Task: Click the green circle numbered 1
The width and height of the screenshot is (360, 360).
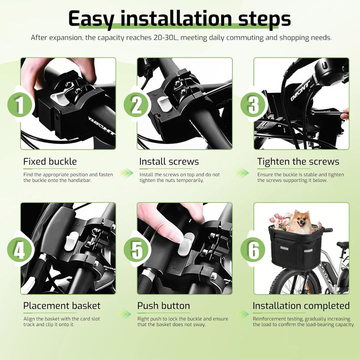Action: pyautogui.click(x=19, y=105)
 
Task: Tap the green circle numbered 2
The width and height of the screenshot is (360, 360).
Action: pyautogui.click(x=136, y=105)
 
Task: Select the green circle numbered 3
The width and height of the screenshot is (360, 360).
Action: pyautogui.click(x=253, y=105)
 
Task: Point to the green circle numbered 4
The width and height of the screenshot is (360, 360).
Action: pyautogui.click(x=19, y=249)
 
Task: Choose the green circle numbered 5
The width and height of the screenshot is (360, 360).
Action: pyautogui.click(x=136, y=249)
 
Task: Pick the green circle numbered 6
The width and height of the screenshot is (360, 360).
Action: pyautogui.click(x=253, y=249)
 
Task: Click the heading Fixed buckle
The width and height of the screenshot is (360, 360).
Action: pyautogui.click(x=50, y=161)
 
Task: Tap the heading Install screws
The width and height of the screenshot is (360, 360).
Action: pyautogui.click(x=169, y=161)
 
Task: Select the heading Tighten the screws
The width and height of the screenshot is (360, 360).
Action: pyautogui.click(x=298, y=161)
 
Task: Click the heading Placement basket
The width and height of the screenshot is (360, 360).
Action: pyautogui.click(x=62, y=305)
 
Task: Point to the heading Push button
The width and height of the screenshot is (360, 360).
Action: pyautogui.click(x=163, y=305)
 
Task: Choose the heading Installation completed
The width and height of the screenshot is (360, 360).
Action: pyautogui.click(x=301, y=305)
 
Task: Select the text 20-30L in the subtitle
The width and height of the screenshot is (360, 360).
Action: pyautogui.click(x=165, y=37)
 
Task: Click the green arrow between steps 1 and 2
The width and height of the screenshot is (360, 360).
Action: pyautogui.click(x=126, y=172)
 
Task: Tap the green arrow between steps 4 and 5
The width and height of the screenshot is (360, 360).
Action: pyautogui.click(x=125, y=314)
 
